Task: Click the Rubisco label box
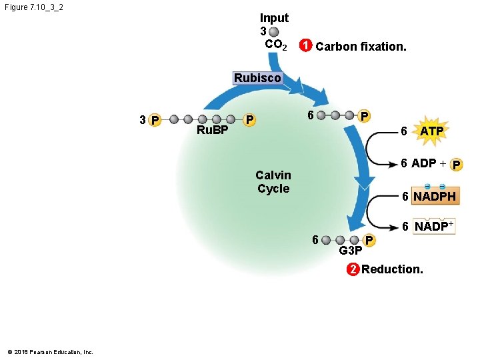(257, 78)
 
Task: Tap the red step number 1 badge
(304, 47)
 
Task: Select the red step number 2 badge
(352, 269)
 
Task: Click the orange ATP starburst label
(431, 131)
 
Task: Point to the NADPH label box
(434, 197)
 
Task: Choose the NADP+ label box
(434, 227)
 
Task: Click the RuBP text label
(213, 129)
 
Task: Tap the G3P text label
(351, 251)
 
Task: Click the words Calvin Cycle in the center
(273, 181)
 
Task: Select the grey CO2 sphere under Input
(275, 31)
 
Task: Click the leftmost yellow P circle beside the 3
(155, 120)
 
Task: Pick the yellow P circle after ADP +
(457, 164)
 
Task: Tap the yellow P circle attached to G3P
(370, 240)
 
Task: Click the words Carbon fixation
(361, 47)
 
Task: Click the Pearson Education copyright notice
(50, 351)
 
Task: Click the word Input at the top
(274, 18)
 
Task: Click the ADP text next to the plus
(423, 163)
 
